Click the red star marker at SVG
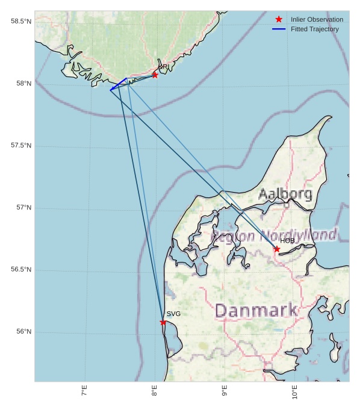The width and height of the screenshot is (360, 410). [x=163, y=322]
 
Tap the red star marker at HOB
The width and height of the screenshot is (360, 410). [x=277, y=249]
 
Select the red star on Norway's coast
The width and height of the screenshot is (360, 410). [x=155, y=75]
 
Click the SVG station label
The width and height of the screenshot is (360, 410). [x=173, y=314]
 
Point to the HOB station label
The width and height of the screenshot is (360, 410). [x=287, y=241]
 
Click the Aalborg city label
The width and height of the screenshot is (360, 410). [x=285, y=194]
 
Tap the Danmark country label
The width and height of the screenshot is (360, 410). [x=256, y=311]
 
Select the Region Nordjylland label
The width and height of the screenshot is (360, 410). [x=274, y=235]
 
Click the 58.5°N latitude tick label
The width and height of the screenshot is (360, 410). [x=21, y=22]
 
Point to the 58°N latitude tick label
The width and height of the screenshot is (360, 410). [x=23, y=84]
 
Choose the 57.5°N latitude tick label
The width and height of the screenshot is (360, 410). [x=21, y=146]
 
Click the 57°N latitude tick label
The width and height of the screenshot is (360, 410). [x=23, y=208]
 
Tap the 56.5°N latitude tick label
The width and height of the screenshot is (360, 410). [x=21, y=270]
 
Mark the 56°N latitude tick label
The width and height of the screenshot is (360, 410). [x=23, y=332]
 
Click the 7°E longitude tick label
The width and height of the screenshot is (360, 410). [x=85, y=391]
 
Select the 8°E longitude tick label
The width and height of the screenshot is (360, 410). [x=155, y=391]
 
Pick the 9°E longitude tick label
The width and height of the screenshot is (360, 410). [x=225, y=391]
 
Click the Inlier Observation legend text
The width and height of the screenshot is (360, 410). [x=317, y=19]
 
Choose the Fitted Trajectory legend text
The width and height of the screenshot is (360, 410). [x=314, y=29]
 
